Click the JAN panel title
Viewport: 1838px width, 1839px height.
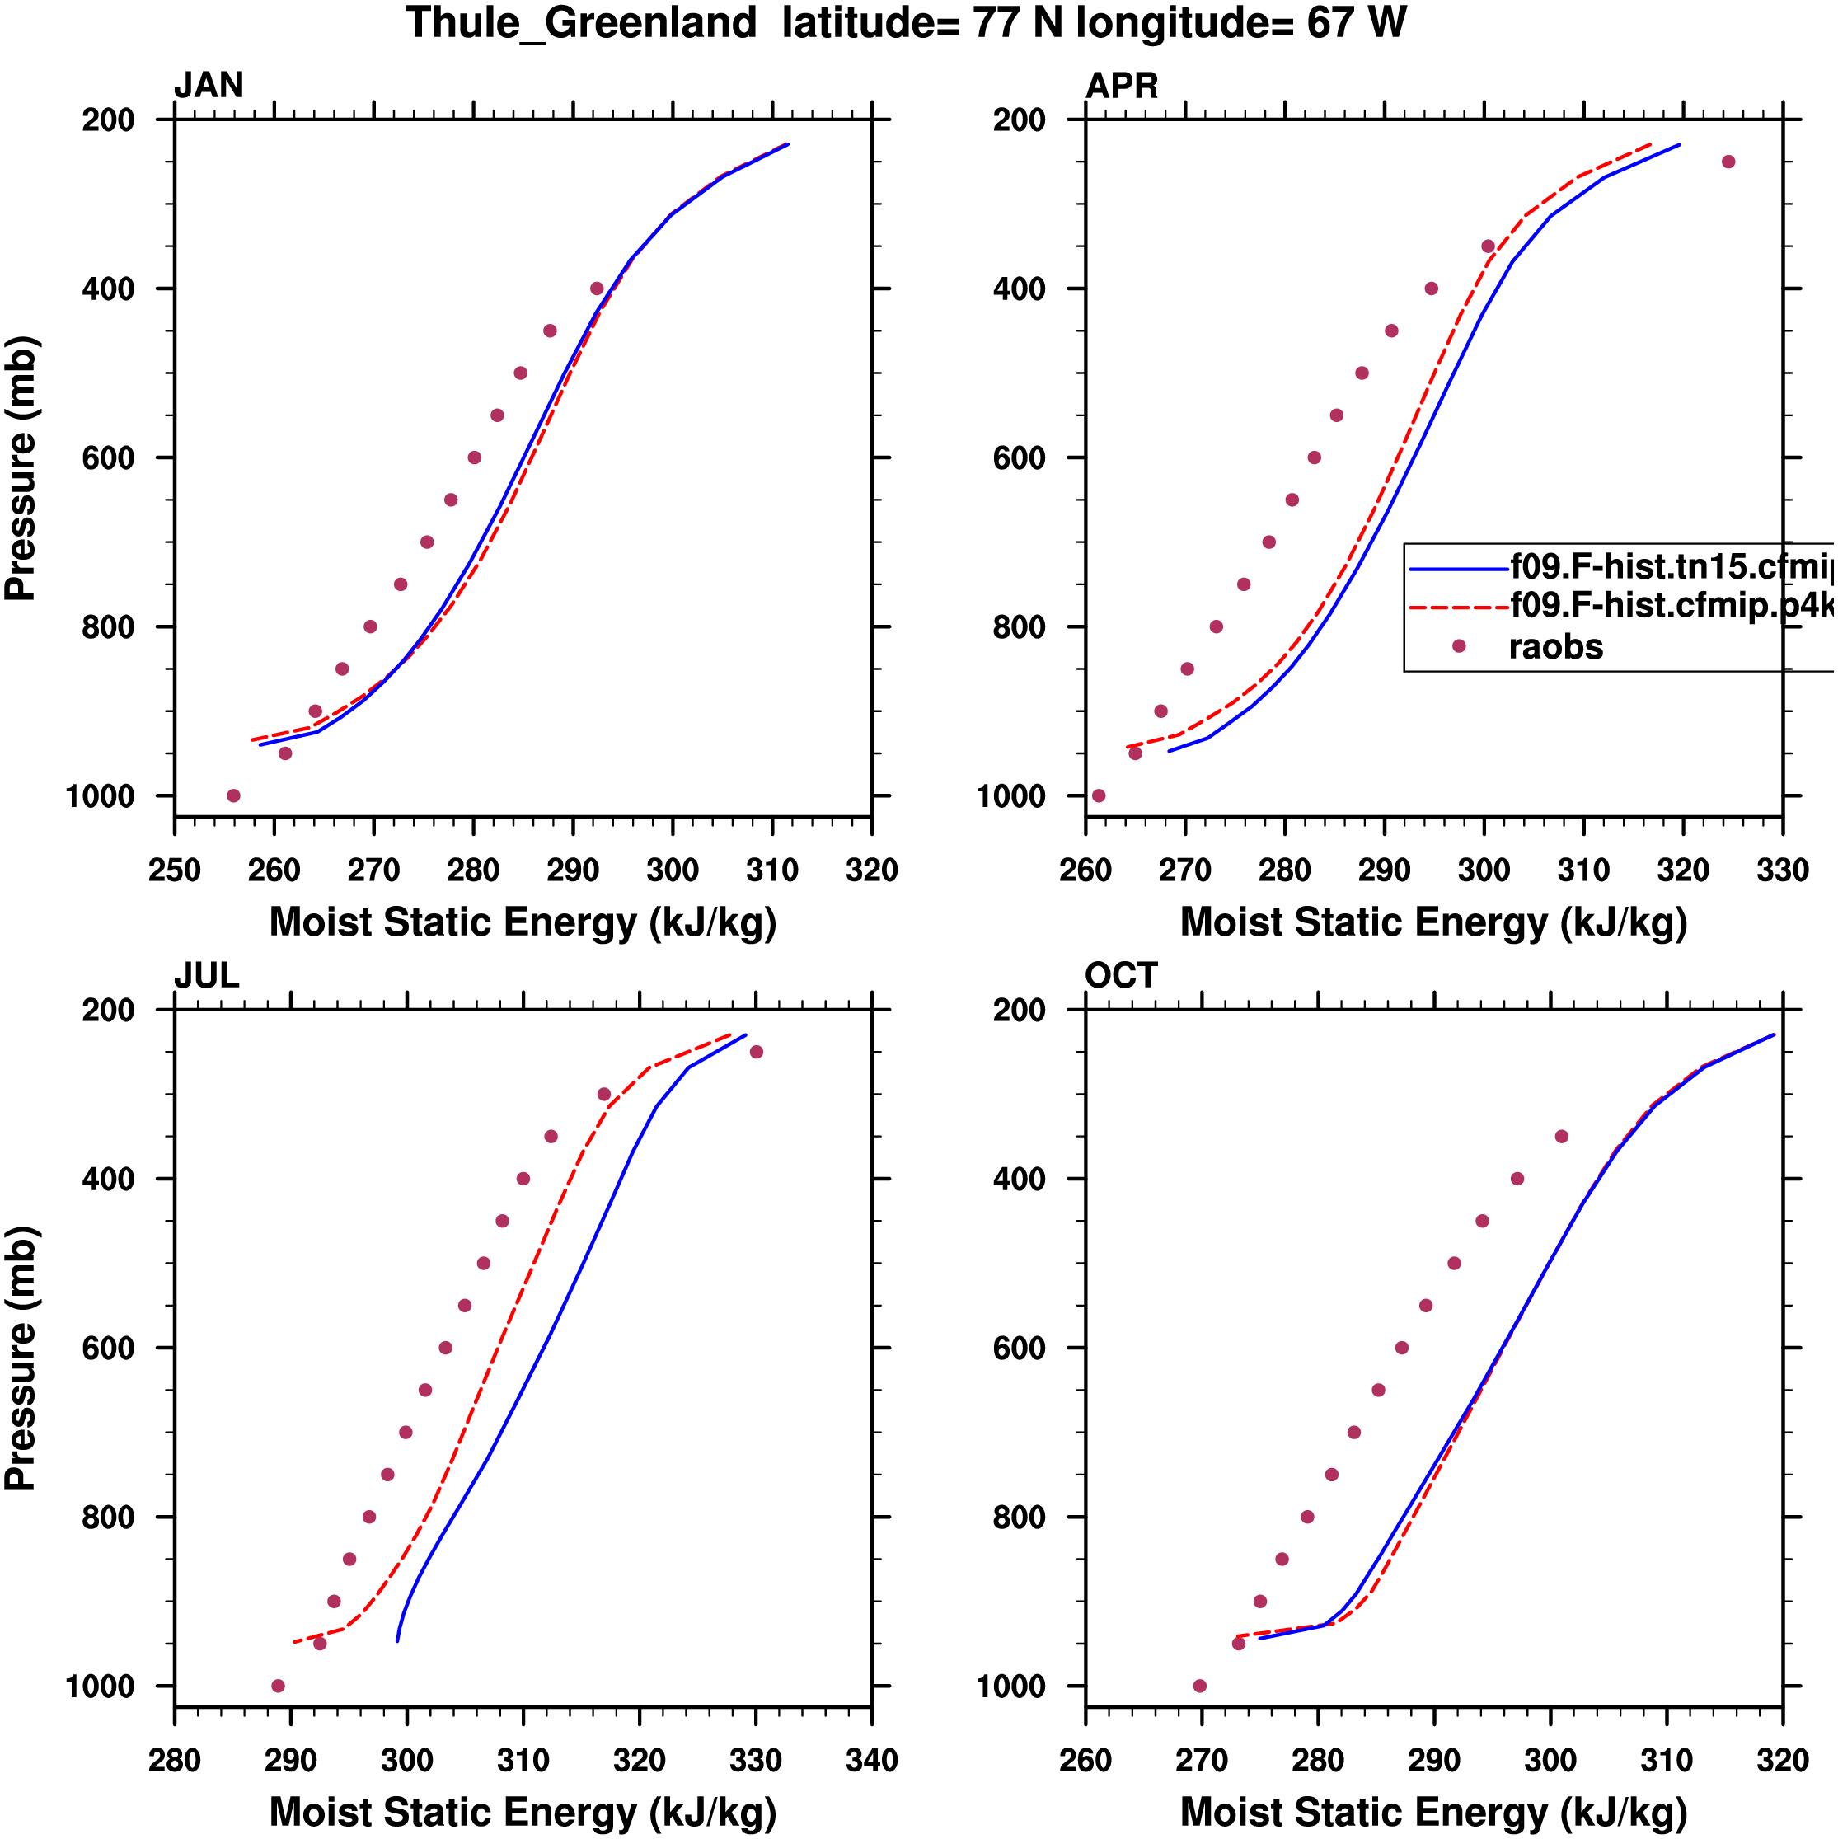[x=209, y=86]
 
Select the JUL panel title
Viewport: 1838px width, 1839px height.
[x=207, y=976]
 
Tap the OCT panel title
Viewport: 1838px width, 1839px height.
[x=1120, y=976]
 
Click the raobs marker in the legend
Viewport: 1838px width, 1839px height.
[x=1458, y=646]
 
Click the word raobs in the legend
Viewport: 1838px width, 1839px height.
[x=1555, y=647]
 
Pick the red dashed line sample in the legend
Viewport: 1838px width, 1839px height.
[x=1457, y=607]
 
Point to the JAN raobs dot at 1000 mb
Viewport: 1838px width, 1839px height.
[x=233, y=795]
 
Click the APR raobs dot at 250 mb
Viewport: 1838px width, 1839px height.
[x=1728, y=162]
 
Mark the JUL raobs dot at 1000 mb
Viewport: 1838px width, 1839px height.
[x=278, y=1686]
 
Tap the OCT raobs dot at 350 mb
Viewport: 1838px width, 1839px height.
[x=1561, y=1137]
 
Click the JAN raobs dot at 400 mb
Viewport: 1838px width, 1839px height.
[x=597, y=289]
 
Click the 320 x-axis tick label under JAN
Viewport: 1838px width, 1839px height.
[x=871, y=870]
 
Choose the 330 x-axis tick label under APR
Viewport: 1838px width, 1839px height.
[x=1782, y=870]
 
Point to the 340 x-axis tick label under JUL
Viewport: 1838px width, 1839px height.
[x=871, y=1760]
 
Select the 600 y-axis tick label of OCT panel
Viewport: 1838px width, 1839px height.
[x=1019, y=1348]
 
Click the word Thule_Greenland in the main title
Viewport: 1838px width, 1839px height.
[x=580, y=23]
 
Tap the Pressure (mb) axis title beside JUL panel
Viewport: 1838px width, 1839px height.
[x=21, y=1358]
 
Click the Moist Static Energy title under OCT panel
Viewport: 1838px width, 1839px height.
[x=1433, y=1813]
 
